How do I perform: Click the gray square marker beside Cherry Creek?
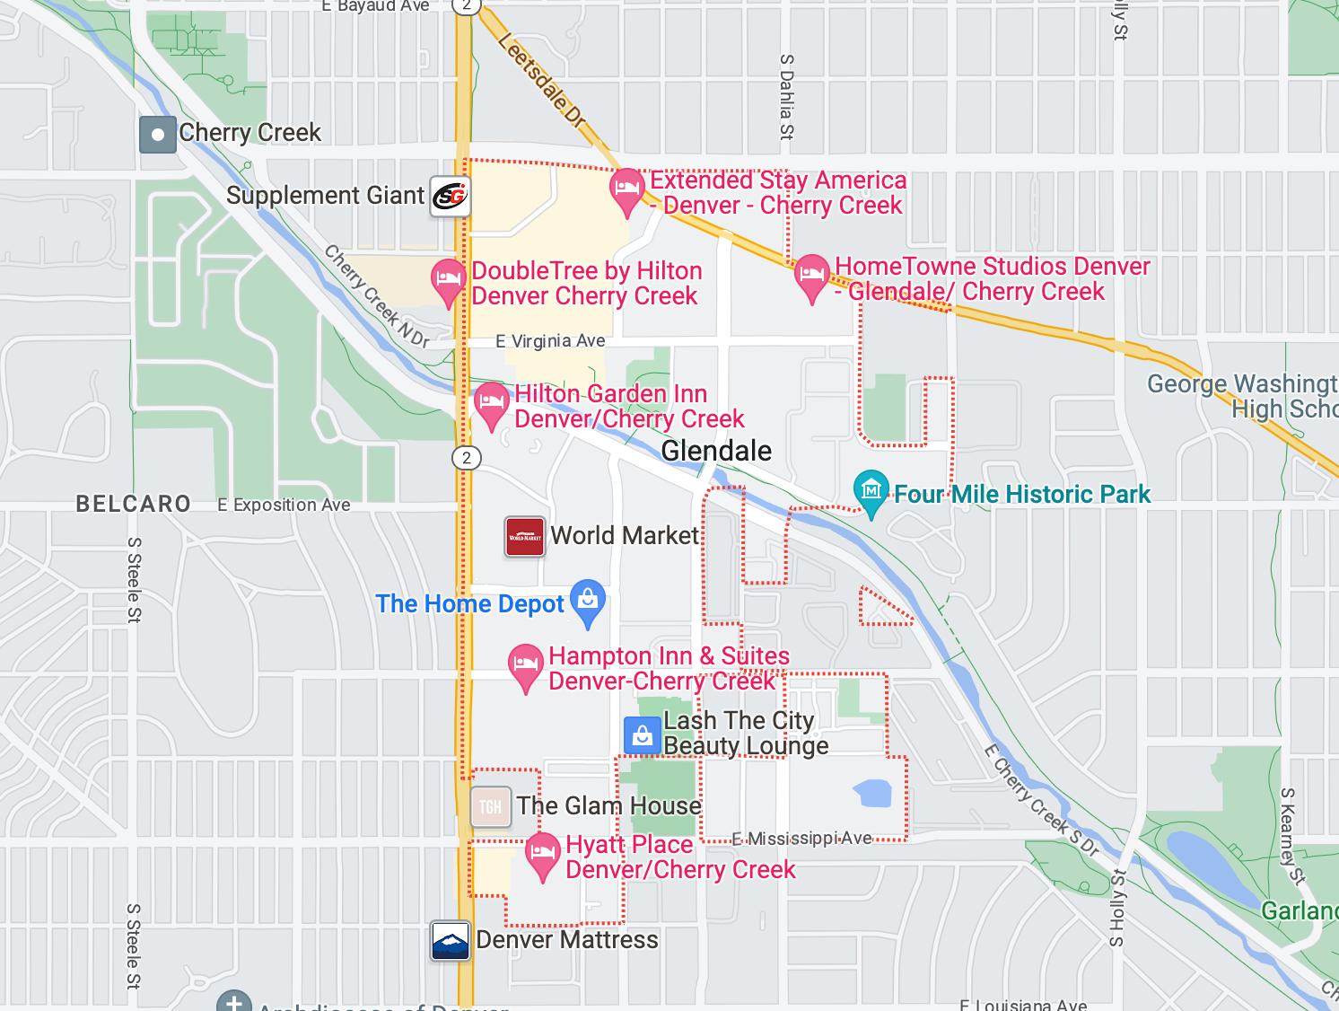(158, 135)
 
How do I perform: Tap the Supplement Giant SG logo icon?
(450, 195)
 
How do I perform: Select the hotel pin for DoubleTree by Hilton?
(448, 279)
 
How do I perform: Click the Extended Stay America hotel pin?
(626, 189)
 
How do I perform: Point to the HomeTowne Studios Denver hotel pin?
(811, 276)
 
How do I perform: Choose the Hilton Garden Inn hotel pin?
(491, 402)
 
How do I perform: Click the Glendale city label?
(716, 451)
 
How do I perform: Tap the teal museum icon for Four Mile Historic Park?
(871, 490)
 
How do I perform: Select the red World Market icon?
(524, 536)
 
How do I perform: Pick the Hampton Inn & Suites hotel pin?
(525, 666)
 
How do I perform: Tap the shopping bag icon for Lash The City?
(642, 735)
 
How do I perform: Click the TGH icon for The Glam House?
(491, 806)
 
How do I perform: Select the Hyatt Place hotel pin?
(541, 854)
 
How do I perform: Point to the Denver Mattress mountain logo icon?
(451, 941)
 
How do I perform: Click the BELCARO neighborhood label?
(134, 504)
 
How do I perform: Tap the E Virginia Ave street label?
(550, 341)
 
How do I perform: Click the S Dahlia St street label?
(787, 97)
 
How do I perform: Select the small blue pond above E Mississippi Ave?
(871, 793)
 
